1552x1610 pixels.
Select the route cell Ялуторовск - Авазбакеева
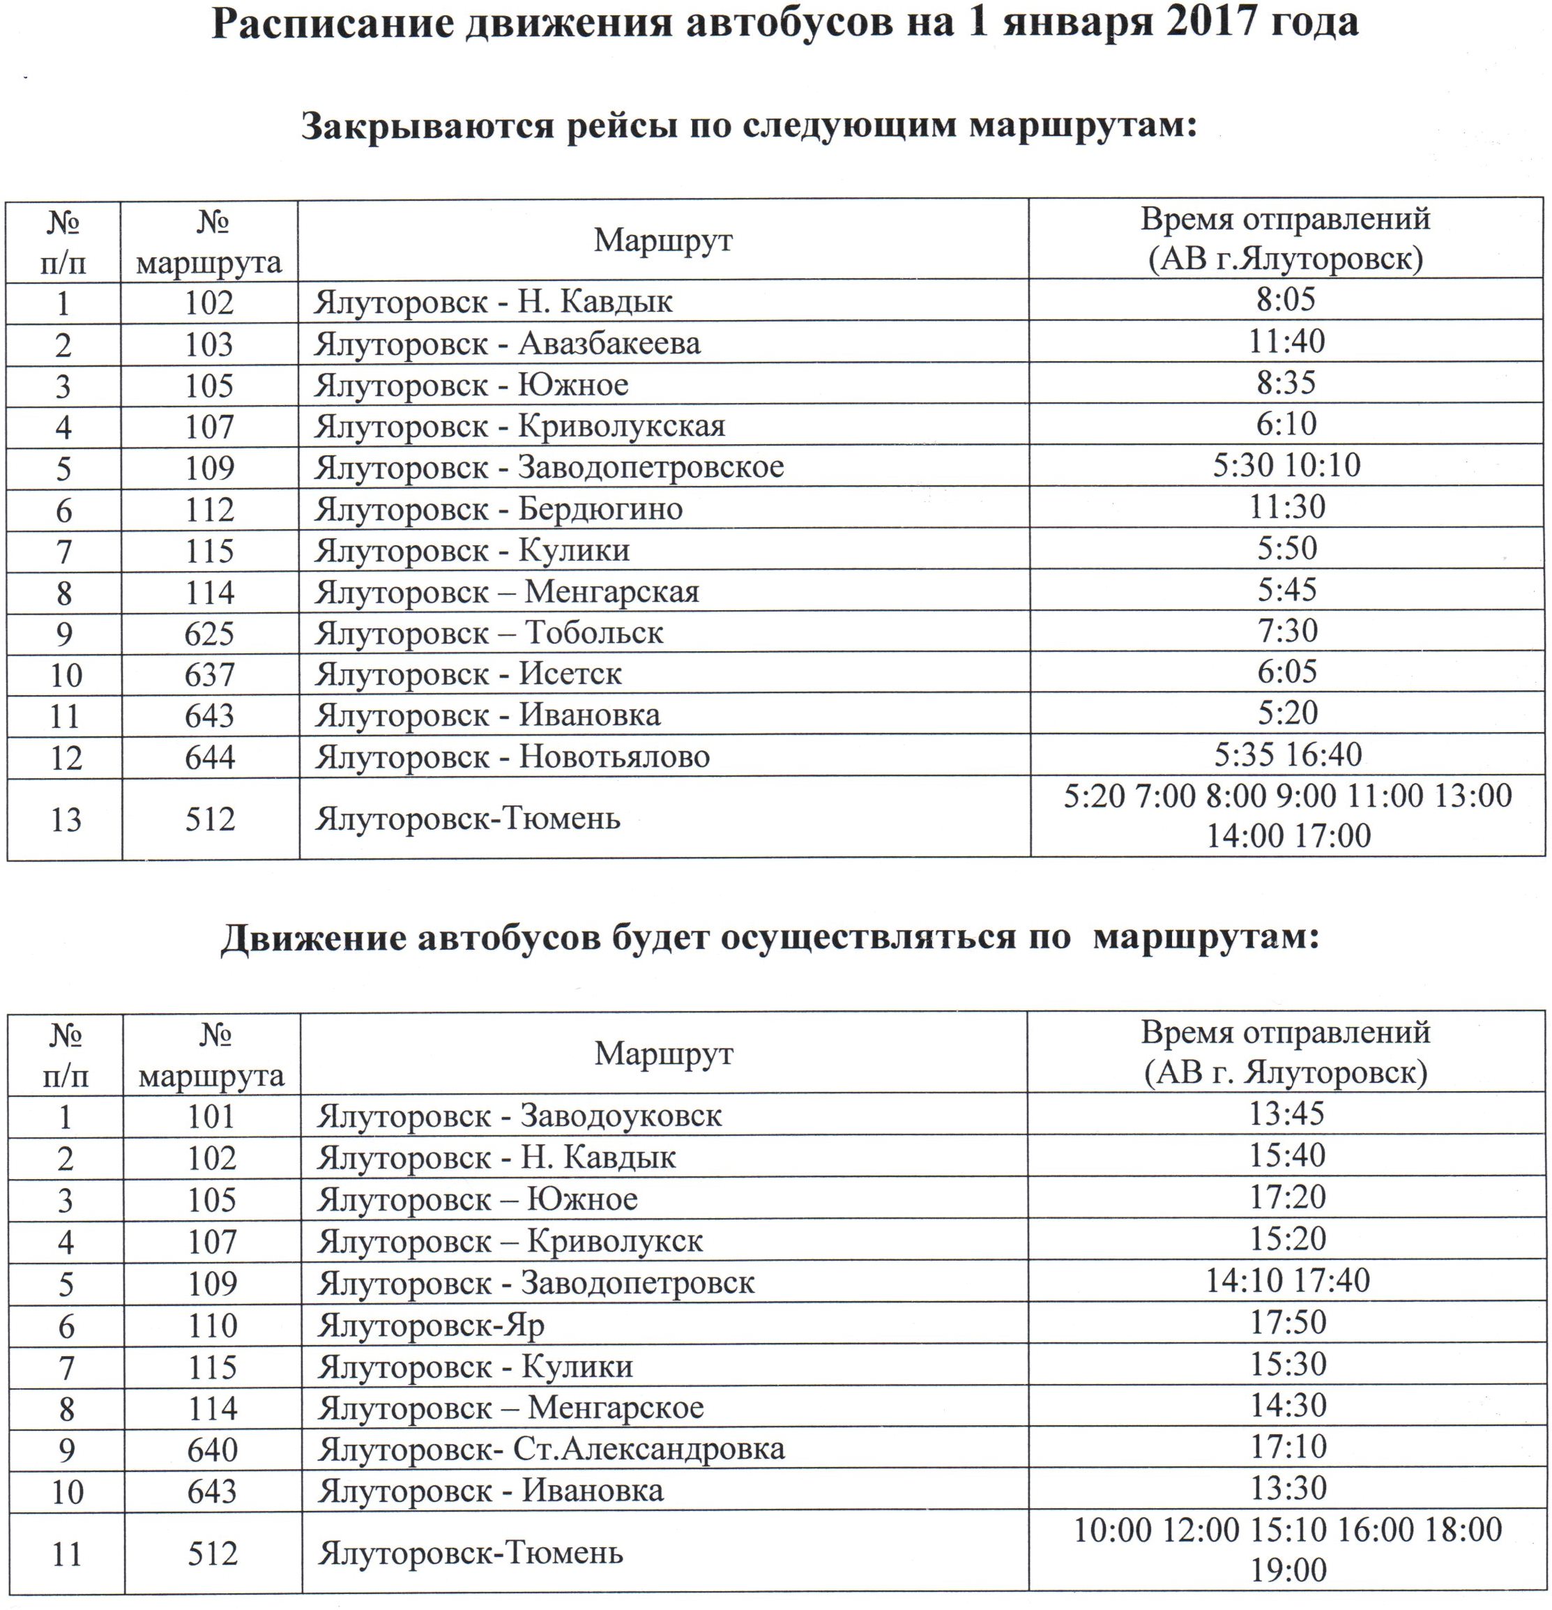pos(507,343)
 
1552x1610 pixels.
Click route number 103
pos(209,344)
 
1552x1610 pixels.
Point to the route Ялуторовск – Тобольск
pos(489,633)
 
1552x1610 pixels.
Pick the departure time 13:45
pos(1287,1114)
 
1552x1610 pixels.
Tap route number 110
pos(212,1326)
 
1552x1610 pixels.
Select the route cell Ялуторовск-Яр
pos(431,1326)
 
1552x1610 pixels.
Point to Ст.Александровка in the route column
pos(648,1450)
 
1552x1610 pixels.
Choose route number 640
pos(212,1450)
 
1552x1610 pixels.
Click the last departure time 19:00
pos(1288,1570)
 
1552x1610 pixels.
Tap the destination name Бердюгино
pos(600,509)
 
